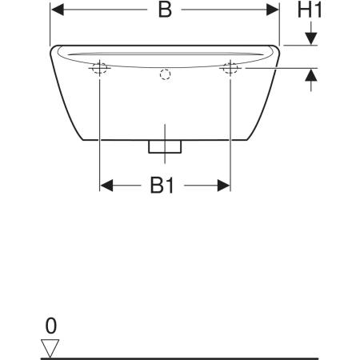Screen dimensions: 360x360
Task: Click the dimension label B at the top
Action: click(165, 10)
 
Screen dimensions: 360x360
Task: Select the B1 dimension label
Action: click(162, 185)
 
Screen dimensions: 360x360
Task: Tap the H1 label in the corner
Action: click(310, 10)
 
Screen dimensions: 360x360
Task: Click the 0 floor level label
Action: click(51, 326)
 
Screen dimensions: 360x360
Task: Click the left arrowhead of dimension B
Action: click(58, 10)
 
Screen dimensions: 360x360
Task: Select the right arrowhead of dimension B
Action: click(272, 10)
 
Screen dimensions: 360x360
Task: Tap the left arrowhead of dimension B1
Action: click(106, 186)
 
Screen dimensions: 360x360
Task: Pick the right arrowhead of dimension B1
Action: click(223, 186)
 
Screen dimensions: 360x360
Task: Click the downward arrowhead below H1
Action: click(311, 38)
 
